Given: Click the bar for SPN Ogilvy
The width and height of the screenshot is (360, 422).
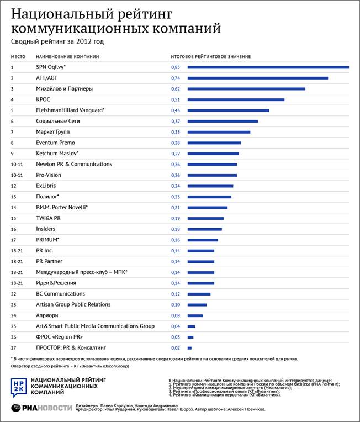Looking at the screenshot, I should click(268, 67).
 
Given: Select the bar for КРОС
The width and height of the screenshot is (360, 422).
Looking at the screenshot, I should click(236, 99).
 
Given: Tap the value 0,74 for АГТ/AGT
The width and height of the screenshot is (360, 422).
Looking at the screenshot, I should click(176, 78).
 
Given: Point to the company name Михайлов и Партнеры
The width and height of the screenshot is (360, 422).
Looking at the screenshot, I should click(65, 88).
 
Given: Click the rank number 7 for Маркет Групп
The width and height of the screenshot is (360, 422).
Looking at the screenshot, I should click(12, 132).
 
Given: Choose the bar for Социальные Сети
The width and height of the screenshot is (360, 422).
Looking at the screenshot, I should click(223, 121).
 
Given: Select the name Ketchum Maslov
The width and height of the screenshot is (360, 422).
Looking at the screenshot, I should click(57, 154).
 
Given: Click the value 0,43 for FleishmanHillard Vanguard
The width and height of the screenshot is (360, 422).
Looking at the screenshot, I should click(176, 110).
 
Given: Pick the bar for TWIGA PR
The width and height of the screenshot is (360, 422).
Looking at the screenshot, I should click(206, 218).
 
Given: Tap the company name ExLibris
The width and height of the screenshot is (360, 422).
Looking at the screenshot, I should click(46, 186).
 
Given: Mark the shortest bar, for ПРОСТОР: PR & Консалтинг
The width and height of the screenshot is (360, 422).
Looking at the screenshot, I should click(190, 348).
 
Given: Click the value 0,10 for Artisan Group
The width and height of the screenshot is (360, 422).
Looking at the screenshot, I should click(176, 305).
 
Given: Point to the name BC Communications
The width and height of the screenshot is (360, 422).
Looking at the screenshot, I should click(61, 294).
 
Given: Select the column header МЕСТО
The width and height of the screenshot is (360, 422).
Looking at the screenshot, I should click(19, 57).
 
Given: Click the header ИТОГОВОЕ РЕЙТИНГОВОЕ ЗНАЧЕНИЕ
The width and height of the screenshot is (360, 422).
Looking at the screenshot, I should click(210, 57).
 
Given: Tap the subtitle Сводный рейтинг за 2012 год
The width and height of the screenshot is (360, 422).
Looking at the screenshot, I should click(57, 41).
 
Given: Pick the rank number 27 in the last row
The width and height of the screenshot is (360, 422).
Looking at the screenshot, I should click(14, 348).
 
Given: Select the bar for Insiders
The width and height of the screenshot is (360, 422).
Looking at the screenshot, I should click(205, 229).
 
